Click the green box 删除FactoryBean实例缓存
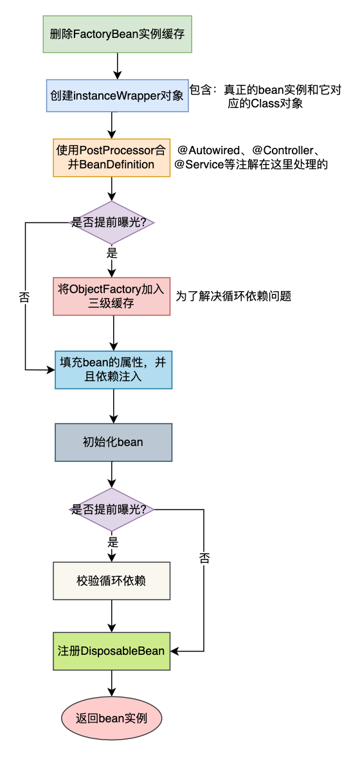pos(118,34)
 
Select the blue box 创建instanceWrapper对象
pos(118,96)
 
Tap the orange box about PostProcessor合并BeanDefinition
pos(112,158)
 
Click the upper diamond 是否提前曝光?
pos(112,222)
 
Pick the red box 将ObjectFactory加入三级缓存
pos(113,296)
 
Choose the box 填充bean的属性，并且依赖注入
pos(114,370)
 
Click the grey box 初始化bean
pos(114,442)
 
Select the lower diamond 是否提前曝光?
pos(112,510)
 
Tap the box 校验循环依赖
pos(112,581)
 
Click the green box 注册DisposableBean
pos(112,651)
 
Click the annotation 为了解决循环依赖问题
pos(233,296)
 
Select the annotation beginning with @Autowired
pos(251,157)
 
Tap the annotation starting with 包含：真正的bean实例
pos(265,96)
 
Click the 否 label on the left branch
pos(25,296)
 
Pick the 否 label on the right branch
pos(204,558)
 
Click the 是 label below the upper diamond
pos(113,253)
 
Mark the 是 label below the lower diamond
pos(113,541)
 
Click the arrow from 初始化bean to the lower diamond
pos(112,475)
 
